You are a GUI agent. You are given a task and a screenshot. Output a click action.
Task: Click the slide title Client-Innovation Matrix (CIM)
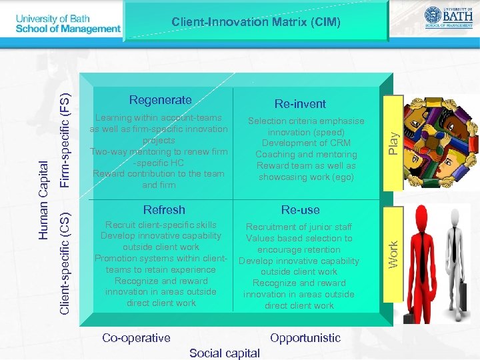pyautogui.click(x=256, y=22)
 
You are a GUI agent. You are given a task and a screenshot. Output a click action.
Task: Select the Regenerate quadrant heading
pyautogui.click(x=160, y=100)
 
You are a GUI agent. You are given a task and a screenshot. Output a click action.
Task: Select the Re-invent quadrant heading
pyautogui.click(x=300, y=104)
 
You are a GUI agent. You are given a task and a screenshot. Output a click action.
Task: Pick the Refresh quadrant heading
pyautogui.click(x=164, y=210)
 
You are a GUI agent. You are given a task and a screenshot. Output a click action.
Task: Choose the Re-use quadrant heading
pyautogui.click(x=300, y=210)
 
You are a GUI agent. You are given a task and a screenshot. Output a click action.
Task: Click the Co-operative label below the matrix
pyautogui.click(x=136, y=338)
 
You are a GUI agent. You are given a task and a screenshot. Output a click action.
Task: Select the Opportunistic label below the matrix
pyautogui.click(x=305, y=338)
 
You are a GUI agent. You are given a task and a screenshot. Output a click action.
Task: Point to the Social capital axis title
pyautogui.click(x=225, y=353)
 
